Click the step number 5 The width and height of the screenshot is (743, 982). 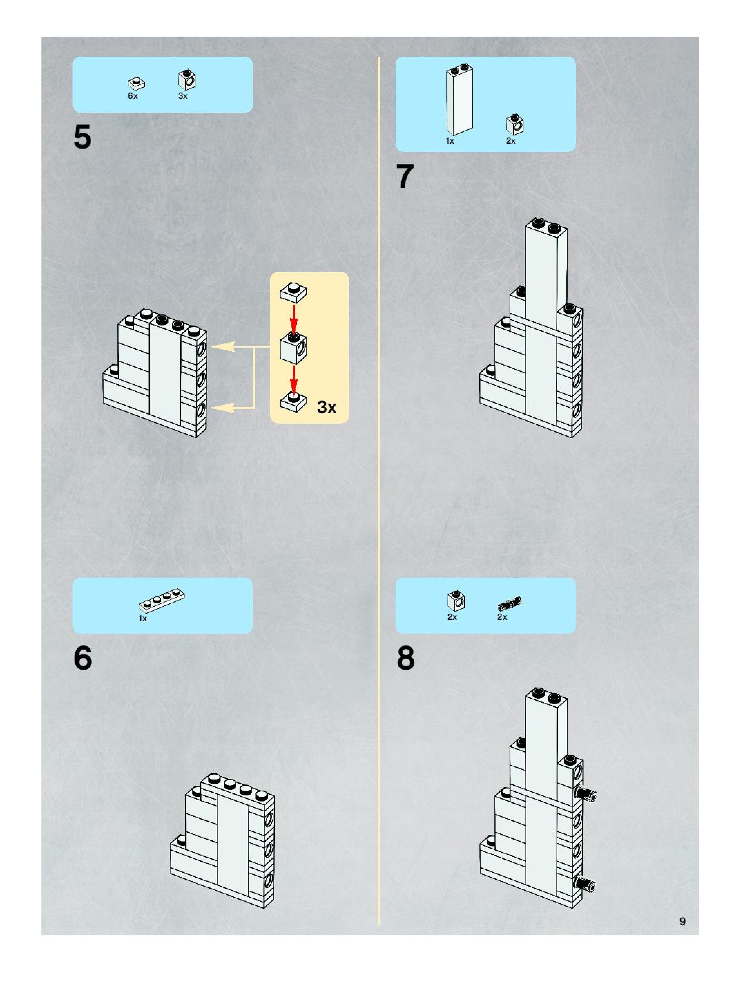[83, 138]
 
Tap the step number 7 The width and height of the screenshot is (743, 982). [405, 176]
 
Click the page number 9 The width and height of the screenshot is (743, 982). [682, 921]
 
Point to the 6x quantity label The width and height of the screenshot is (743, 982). [133, 96]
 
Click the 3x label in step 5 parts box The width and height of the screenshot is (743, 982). [183, 96]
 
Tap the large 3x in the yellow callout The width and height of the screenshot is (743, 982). [327, 407]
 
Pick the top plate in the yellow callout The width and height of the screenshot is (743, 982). [293, 292]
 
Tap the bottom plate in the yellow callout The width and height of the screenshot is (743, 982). [293, 401]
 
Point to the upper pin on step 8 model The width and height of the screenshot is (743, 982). [586, 794]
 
